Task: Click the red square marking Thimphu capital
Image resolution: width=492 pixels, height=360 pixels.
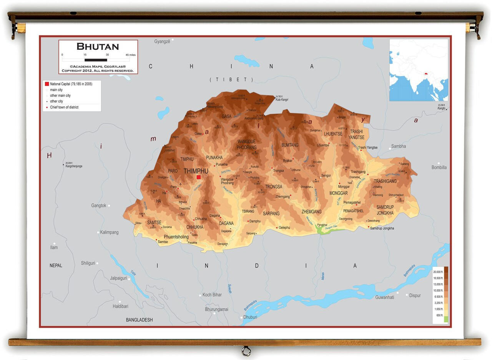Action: (x=199, y=177)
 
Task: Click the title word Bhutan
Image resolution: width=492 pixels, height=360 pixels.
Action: (x=98, y=47)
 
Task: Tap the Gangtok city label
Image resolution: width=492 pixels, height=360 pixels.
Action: (x=99, y=206)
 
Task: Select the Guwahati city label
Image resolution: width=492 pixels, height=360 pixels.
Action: (x=384, y=297)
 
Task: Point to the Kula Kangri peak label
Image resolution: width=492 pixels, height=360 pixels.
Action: (x=283, y=100)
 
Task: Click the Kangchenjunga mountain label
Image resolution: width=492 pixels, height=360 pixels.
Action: (x=74, y=166)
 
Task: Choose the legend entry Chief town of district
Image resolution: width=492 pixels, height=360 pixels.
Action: (x=64, y=107)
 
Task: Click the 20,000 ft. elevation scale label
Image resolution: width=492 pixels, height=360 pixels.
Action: (x=438, y=272)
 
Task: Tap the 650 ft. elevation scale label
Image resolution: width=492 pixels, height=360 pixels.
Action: (x=439, y=315)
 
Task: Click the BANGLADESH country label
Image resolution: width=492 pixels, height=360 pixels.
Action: (x=139, y=320)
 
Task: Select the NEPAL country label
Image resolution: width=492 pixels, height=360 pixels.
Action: (x=56, y=266)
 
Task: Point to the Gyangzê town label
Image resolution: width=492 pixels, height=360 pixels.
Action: (x=162, y=41)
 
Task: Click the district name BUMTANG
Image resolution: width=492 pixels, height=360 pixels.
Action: (x=290, y=145)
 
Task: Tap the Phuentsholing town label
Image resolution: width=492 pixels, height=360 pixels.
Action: (x=176, y=237)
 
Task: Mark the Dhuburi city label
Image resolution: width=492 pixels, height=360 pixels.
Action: (x=250, y=317)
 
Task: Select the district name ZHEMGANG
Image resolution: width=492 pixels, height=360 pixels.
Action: (x=311, y=212)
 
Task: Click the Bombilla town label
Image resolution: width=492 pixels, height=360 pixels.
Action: (x=439, y=167)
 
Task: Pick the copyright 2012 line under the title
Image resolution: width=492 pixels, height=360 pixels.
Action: (x=98, y=71)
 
